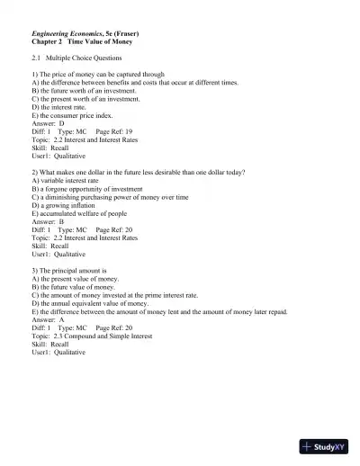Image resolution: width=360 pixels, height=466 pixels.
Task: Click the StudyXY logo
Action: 325,445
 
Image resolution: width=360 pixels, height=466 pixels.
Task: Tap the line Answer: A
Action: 48,319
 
